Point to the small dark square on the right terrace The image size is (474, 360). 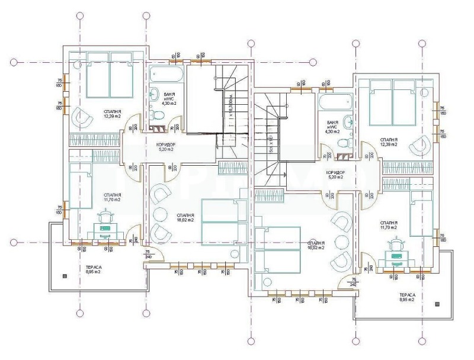point(437,303)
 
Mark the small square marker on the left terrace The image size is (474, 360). point(63,276)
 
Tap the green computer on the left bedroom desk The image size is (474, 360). point(105,228)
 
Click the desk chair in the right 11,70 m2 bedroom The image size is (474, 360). point(395,243)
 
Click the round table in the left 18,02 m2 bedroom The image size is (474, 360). point(161,214)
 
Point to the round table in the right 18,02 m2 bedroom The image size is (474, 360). point(342,242)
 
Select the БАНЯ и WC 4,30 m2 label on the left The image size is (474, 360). point(171,99)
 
